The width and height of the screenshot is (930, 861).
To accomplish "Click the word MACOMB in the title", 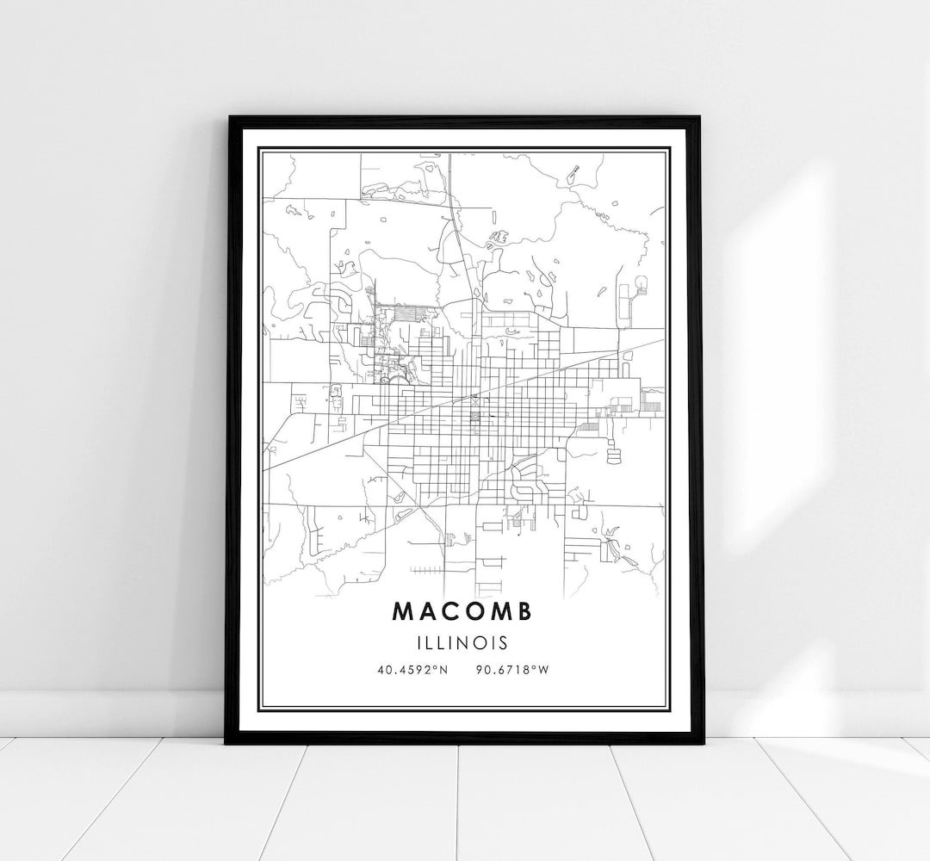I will (462, 610).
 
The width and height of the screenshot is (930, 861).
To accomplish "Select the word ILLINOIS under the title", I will (462, 642).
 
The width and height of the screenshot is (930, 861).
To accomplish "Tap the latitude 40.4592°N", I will (411, 669).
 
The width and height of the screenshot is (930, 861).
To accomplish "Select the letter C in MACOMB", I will (449, 610).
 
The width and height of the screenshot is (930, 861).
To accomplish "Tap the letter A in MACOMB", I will (426, 610).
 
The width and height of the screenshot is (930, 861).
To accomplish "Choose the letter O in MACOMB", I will (474, 610).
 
